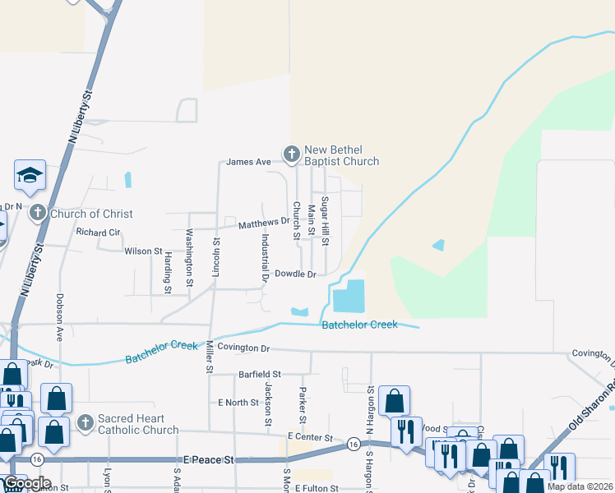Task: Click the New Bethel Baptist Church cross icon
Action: click(291, 154)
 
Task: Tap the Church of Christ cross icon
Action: click(37, 214)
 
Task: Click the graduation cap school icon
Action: click(29, 175)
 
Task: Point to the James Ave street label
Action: click(248, 162)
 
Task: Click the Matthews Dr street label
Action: click(264, 223)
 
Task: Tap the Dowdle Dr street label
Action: click(295, 274)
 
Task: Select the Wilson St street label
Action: click(142, 251)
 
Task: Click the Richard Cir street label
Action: click(97, 232)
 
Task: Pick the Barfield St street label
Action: click(260, 374)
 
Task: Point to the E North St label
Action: click(238, 403)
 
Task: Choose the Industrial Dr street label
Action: click(266, 257)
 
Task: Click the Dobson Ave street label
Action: click(60, 317)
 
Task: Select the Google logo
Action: click(28, 483)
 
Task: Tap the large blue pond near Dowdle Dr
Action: click(349, 296)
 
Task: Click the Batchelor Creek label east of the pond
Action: click(359, 325)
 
